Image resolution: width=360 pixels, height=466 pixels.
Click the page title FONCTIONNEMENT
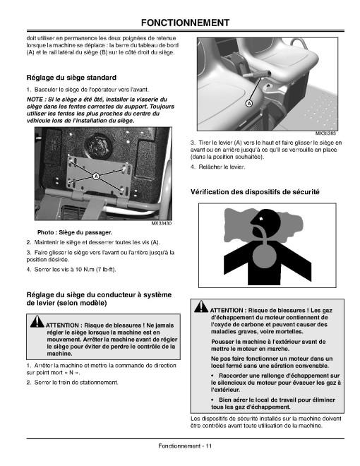(x=185, y=23)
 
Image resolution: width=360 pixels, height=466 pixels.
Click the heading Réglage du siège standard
(x=71, y=78)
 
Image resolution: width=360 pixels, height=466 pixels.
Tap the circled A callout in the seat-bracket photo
(x=96, y=177)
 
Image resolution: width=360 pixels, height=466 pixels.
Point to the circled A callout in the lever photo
(x=249, y=103)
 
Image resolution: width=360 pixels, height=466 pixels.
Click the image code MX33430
(x=162, y=223)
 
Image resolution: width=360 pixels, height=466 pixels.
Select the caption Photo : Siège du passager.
(x=75, y=232)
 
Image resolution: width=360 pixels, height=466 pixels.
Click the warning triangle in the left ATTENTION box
(x=37, y=321)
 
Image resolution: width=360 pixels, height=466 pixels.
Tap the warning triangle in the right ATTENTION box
(x=201, y=306)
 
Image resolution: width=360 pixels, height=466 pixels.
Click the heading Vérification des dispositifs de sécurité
(x=255, y=192)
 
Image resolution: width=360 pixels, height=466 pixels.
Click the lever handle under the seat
(x=258, y=73)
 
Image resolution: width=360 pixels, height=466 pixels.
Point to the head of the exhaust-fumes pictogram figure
(x=266, y=220)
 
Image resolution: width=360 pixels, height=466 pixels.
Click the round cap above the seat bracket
(x=98, y=145)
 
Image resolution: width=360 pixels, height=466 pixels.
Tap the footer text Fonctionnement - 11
(x=185, y=446)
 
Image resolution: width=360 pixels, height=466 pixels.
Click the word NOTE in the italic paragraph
(x=35, y=100)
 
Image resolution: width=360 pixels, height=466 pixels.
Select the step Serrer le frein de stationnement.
(x=76, y=383)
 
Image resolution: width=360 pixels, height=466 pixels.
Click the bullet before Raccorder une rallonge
(x=212, y=376)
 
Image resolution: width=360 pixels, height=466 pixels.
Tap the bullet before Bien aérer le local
(x=212, y=400)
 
